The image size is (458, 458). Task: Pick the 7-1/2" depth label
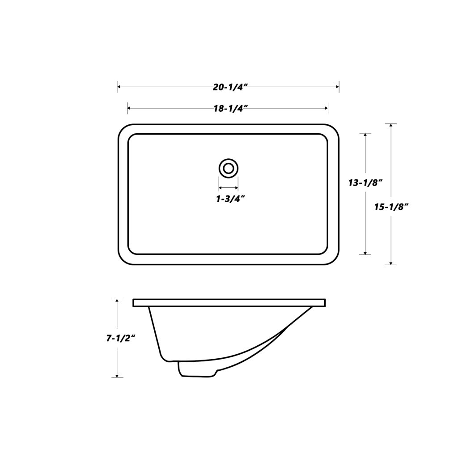coord(121,339)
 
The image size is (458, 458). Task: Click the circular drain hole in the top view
coord(229,169)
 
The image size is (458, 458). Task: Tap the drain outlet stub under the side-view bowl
coord(197,369)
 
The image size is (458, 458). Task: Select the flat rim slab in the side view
coord(229,303)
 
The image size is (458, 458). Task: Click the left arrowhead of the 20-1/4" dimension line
coord(120,87)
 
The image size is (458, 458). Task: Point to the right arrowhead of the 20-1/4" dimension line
coord(337,87)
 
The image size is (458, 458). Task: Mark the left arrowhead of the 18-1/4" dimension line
coord(130,108)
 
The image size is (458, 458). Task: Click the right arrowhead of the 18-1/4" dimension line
coord(326,108)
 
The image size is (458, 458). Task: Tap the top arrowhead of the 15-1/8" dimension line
coord(391,126)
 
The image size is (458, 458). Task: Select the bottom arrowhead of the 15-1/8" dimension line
coord(391,263)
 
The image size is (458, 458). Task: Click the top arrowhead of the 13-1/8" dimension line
coord(366,136)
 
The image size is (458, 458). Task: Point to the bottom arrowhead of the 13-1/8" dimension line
coord(366,252)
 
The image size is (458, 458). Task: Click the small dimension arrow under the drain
coord(228,188)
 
